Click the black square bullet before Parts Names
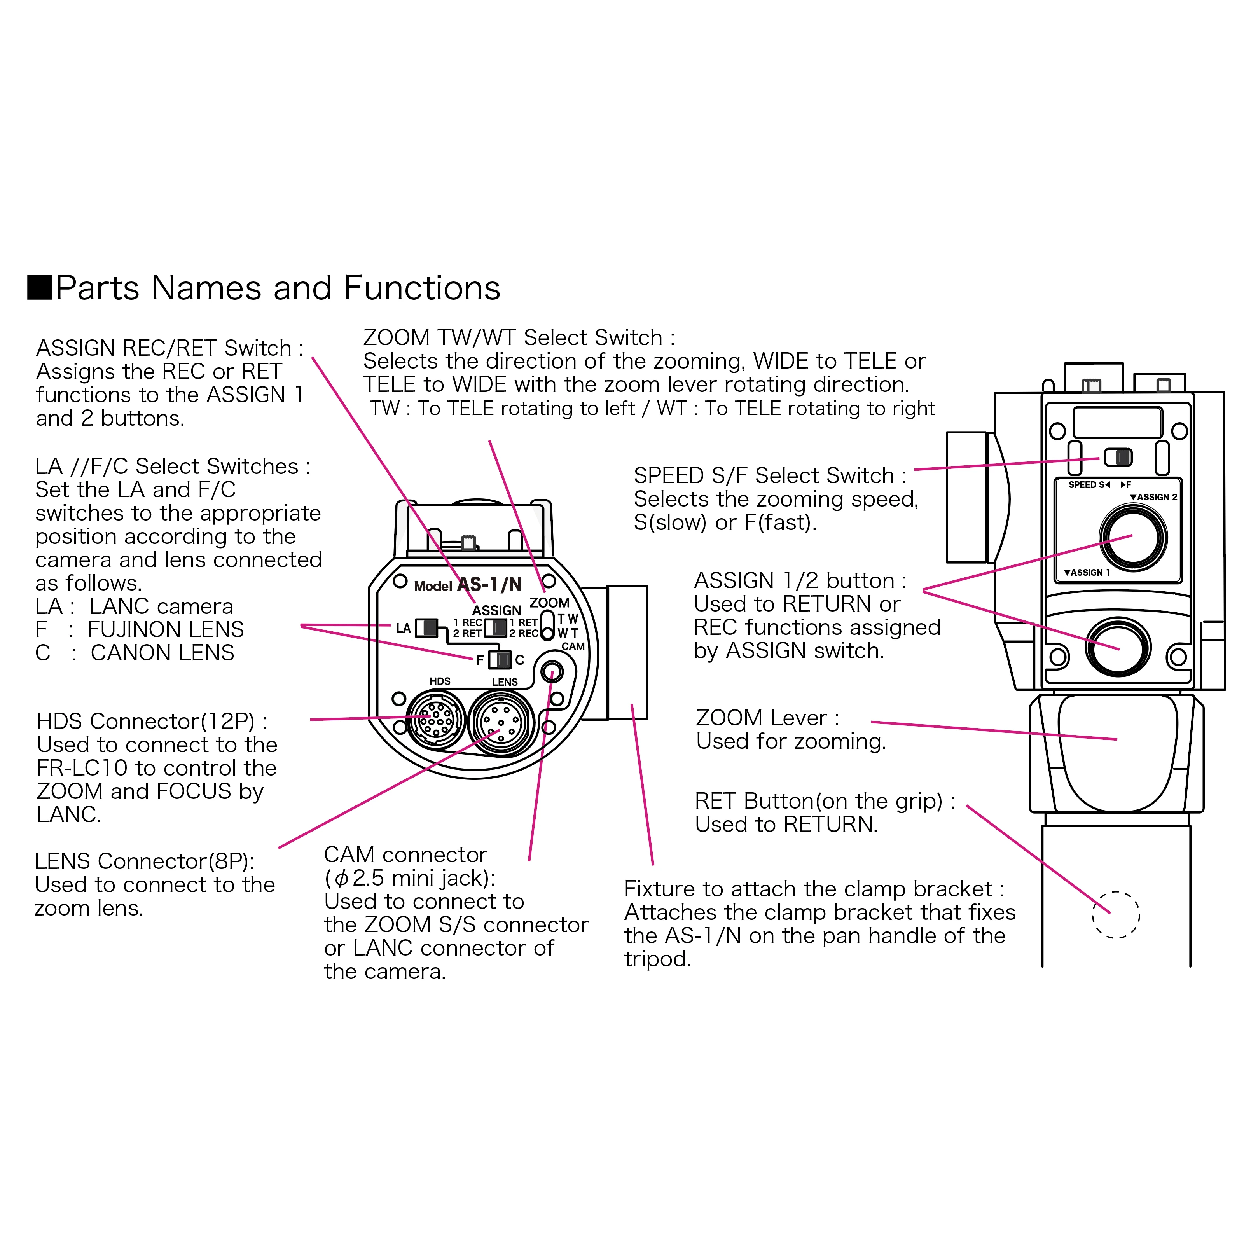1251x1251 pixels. pos(40,288)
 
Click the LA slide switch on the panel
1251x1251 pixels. pos(426,627)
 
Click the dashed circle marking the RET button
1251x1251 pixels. pos(1116,915)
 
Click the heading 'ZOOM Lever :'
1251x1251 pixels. pos(767,718)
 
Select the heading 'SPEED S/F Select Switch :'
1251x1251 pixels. pos(769,476)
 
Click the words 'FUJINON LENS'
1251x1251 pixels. pos(166,629)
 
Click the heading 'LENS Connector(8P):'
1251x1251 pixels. pos(144,861)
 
